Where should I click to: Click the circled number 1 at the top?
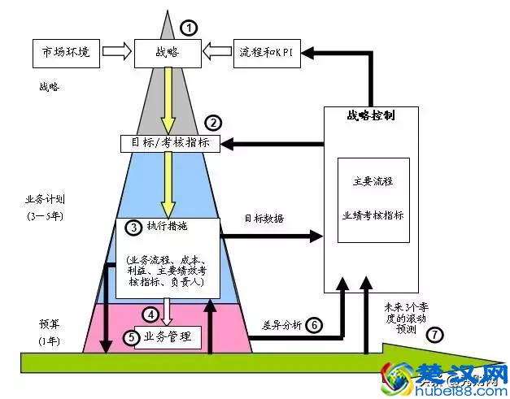click(x=189, y=27)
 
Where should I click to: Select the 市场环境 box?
click(x=66, y=52)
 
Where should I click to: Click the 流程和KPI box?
click(x=267, y=52)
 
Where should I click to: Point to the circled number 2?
click(x=213, y=124)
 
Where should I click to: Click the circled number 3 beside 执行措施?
click(x=133, y=228)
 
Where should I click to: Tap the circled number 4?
click(x=150, y=314)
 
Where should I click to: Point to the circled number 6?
click(x=314, y=325)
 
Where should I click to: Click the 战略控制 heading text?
click(x=372, y=116)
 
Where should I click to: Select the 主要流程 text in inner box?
click(x=373, y=182)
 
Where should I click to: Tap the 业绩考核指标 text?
click(x=373, y=215)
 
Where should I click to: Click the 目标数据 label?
click(x=264, y=219)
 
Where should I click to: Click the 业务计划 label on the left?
click(x=46, y=199)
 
